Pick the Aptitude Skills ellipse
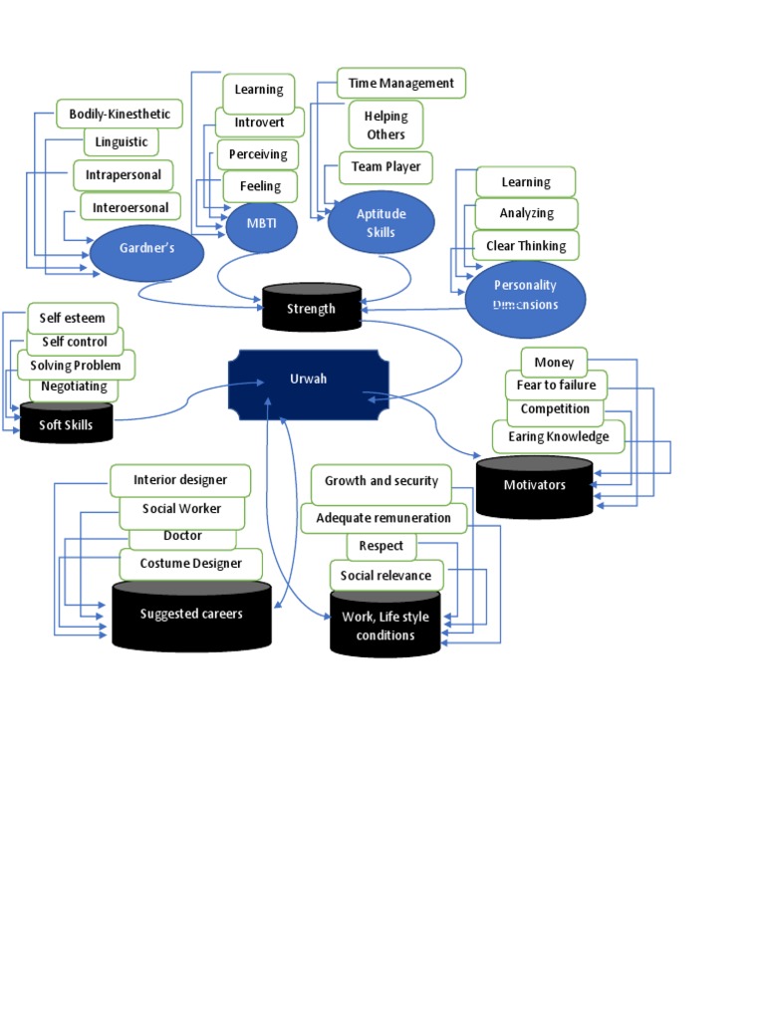tap(382, 222)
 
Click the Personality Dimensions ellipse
tap(525, 297)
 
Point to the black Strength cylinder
tap(312, 309)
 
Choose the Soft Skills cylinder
tap(67, 424)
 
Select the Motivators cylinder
tap(534, 486)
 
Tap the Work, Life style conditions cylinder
tap(384, 626)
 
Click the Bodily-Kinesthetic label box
tap(120, 115)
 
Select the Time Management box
tap(401, 84)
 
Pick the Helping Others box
tap(385, 126)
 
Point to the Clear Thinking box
tap(526, 246)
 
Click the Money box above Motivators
tap(554, 362)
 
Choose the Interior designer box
tap(180, 480)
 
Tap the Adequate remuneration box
tap(383, 518)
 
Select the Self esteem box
tap(72, 319)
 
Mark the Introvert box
tap(259, 123)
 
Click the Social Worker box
tap(181, 509)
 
